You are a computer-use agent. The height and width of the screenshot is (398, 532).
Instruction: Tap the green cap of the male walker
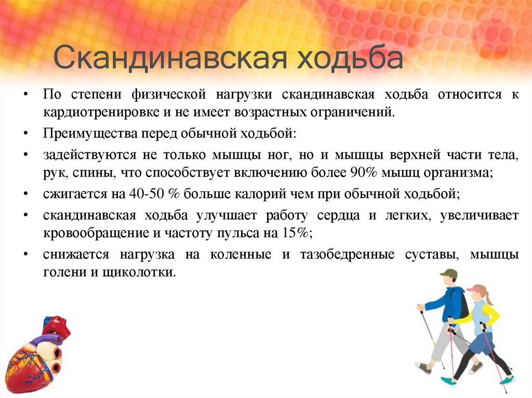pos(448,274)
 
